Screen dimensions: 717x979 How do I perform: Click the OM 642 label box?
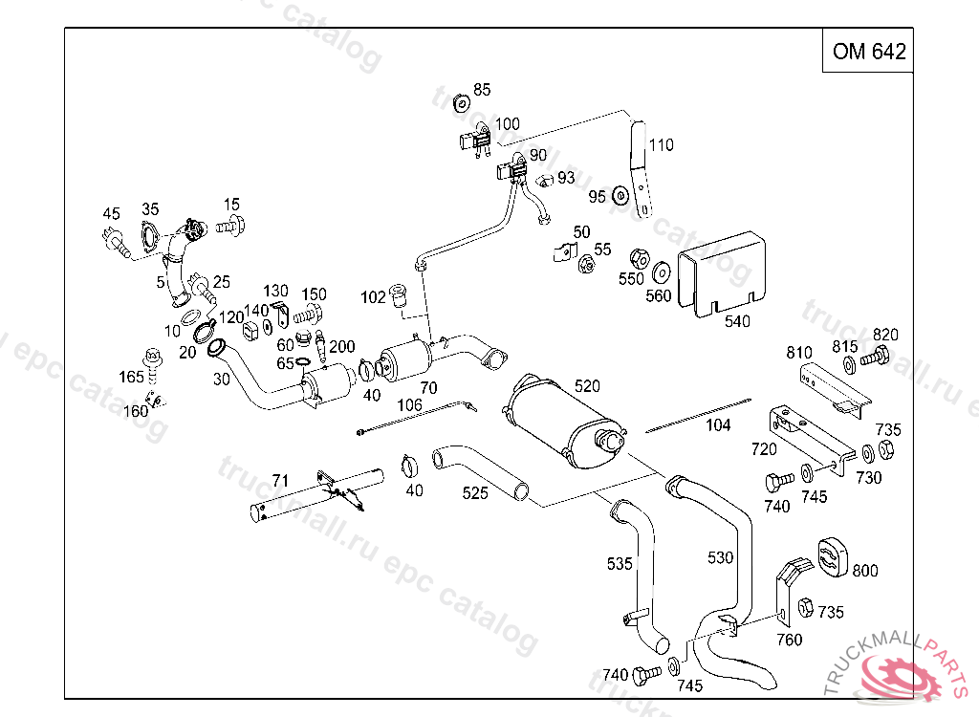click(x=868, y=52)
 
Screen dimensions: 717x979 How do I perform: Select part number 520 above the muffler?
click(x=587, y=386)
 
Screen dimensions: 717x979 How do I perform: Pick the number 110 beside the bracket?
click(x=662, y=145)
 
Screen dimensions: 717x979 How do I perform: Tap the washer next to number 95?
click(x=620, y=196)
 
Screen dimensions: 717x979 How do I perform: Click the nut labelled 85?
click(x=461, y=102)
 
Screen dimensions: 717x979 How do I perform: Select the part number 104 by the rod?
click(x=717, y=424)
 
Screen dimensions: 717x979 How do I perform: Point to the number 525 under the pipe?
click(x=475, y=493)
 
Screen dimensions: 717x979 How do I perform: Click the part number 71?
click(x=280, y=479)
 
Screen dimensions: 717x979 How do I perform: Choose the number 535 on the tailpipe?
click(x=620, y=564)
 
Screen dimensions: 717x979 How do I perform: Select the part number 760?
click(x=789, y=640)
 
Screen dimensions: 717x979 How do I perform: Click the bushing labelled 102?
click(x=401, y=296)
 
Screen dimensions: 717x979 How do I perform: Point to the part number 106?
click(x=409, y=405)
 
